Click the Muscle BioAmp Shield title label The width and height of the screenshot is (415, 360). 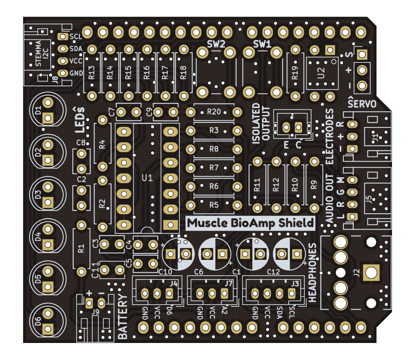coord(251,223)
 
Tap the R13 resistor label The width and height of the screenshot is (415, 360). coord(91,73)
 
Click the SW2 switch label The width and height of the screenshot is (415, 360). coord(216,44)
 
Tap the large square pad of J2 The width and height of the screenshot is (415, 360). coord(371,272)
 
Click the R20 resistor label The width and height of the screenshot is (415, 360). coord(213,112)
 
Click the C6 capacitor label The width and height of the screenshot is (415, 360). coord(199,271)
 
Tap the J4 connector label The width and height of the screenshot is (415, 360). coord(173,283)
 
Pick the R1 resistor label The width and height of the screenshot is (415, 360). coord(82,249)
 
